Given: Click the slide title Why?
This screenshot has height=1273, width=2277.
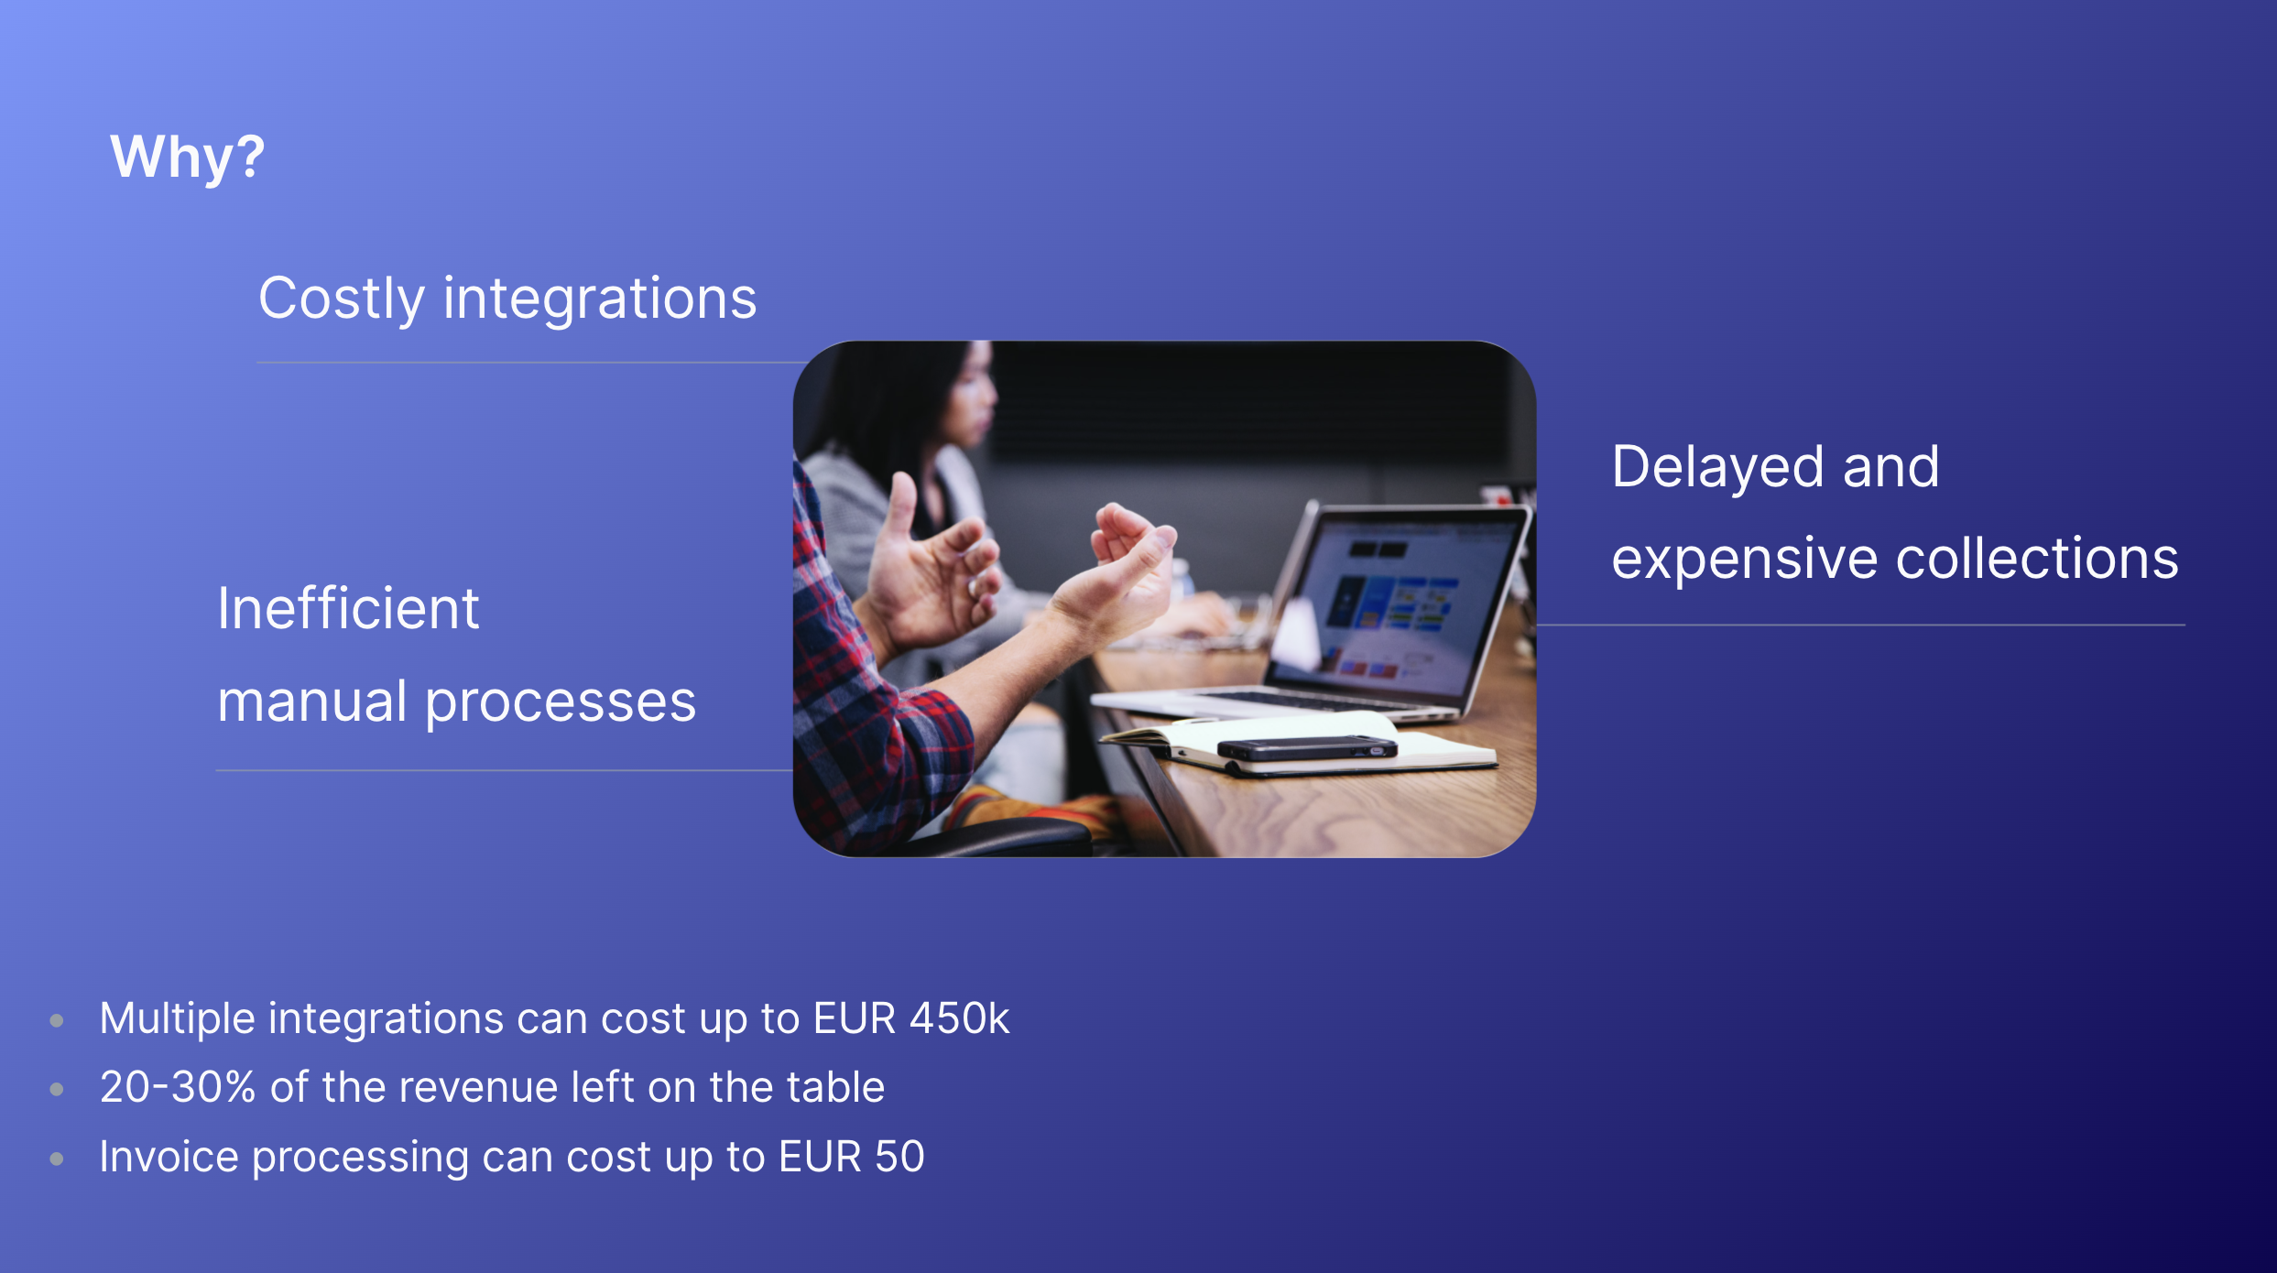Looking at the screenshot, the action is point(188,158).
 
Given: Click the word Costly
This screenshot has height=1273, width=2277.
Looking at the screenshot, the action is point(342,300).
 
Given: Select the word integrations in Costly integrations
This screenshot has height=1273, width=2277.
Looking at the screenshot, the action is point(600,300).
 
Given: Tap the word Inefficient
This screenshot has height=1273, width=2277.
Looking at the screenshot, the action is point(348,608).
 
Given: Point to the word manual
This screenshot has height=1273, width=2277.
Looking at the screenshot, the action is point(312,702).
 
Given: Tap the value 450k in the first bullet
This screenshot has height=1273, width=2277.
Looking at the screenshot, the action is point(959,1018).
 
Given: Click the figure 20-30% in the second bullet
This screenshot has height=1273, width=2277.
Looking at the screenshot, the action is point(177,1087).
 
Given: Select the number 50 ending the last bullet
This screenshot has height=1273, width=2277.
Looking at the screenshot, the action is point(899,1157).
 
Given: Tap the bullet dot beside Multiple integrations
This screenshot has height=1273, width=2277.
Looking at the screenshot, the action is point(57,1020).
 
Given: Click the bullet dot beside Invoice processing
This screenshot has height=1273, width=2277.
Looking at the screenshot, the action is point(57,1159).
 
